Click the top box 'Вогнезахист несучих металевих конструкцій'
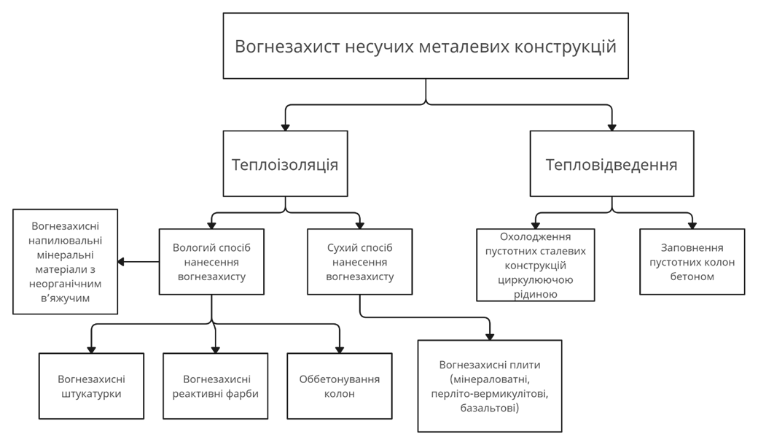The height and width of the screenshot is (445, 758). (426, 46)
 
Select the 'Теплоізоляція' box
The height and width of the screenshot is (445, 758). (285, 163)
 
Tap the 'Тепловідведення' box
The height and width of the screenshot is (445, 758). (612, 163)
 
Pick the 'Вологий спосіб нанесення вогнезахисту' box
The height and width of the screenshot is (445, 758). (212, 262)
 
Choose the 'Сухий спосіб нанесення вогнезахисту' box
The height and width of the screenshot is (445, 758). (359, 262)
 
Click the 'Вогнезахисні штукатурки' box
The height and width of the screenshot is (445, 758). (91, 386)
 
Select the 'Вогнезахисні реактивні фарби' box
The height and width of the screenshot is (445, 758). (216, 386)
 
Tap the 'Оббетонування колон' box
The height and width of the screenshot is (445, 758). (340, 386)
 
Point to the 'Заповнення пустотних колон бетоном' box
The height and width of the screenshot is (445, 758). (692, 262)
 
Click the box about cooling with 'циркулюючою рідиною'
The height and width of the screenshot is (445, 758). (536, 265)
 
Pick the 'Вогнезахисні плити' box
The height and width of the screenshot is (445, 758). (490, 386)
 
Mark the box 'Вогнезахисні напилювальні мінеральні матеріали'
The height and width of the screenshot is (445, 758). (66, 262)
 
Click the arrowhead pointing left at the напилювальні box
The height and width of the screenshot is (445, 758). (121, 262)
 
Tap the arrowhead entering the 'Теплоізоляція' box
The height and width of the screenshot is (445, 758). (285, 128)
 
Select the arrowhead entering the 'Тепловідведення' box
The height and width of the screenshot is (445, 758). (612, 128)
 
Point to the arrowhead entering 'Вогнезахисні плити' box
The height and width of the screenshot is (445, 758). (490, 337)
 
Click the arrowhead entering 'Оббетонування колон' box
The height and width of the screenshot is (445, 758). (340, 350)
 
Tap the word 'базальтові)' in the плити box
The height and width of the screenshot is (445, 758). (490, 408)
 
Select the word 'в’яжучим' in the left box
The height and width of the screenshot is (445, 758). (66, 298)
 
